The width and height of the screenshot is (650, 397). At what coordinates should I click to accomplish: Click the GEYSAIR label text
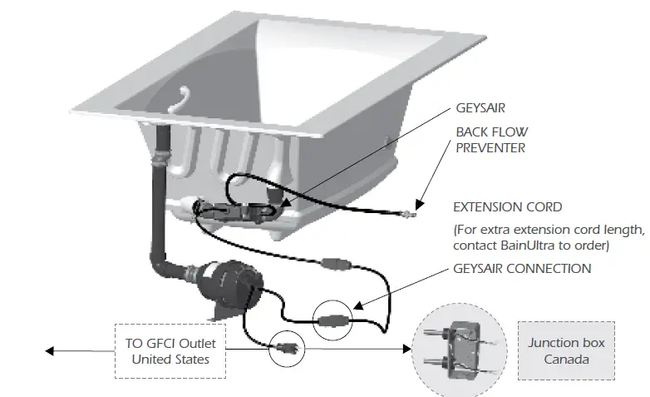(x=480, y=108)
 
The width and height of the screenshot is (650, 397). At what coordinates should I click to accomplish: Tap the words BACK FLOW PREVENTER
(x=491, y=140)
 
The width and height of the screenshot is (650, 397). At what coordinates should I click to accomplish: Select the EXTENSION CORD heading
(x=507, y=206)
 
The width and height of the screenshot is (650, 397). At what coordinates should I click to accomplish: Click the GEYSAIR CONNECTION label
(x=522, y=269)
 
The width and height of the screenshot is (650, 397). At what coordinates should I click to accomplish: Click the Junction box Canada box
(x=566, y=349)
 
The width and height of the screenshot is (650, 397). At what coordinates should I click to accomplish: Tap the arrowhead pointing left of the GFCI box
(x=52, y=351)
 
